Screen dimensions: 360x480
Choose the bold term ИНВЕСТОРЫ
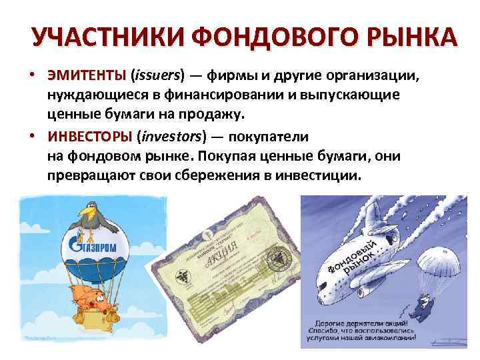90,137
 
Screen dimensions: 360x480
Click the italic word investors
169,137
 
